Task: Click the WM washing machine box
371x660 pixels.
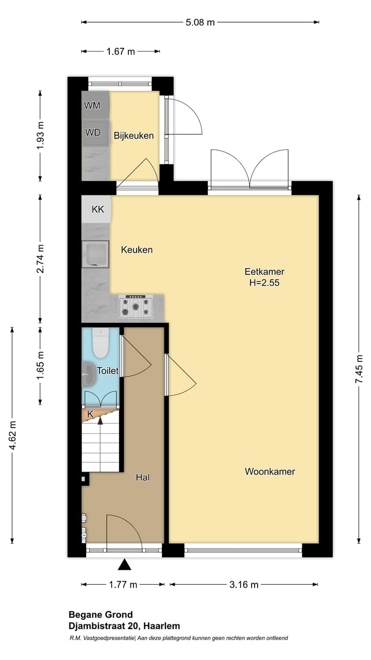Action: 93,106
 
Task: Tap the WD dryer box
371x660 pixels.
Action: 93,132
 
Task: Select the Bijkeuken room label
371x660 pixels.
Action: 134,136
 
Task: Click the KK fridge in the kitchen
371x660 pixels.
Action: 97,209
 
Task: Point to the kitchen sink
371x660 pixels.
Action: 96,254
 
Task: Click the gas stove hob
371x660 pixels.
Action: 136,307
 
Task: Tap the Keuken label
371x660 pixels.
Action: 137,250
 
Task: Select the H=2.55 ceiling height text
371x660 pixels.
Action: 264,283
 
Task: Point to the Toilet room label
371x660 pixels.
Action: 108,371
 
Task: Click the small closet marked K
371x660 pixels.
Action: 90,414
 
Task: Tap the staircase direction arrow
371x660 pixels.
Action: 100,420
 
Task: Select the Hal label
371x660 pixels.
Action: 143,477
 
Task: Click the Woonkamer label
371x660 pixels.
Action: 269,471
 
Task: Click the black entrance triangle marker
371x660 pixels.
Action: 124,565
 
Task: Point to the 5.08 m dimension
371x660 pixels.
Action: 200,22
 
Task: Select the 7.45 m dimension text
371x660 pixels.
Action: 360,369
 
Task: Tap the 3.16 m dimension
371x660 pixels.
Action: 244,584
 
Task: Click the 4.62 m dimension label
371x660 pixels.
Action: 12,436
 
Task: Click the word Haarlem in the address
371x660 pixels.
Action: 162,626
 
